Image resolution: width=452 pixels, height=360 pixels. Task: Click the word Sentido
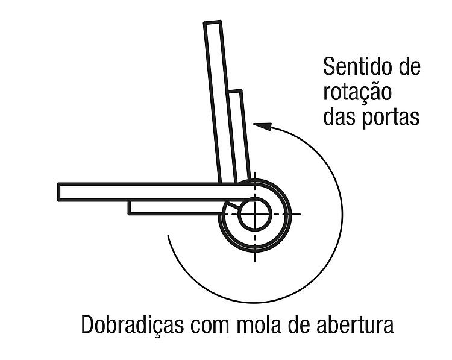tap(356, 67)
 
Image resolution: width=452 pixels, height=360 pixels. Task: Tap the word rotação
tap(357, 92)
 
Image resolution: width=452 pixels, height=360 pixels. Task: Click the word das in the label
tap(339, 116)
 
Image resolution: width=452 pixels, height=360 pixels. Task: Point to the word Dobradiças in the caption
tap(133, 325)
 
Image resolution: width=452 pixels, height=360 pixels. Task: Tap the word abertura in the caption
tap(355, 324)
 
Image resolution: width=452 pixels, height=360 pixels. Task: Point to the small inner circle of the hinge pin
tap(255, 215)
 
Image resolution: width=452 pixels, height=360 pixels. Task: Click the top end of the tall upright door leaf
tap(213, 22)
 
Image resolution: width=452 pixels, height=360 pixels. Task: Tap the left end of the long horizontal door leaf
tap(58, 192)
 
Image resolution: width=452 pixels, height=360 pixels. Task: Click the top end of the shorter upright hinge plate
tap(234, 91)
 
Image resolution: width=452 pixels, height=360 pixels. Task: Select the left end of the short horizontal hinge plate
tap(130, 208)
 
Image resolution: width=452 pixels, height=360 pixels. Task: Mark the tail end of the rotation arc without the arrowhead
tap(168, 236)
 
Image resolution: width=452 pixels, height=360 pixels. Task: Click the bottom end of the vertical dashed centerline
tap(255, 261)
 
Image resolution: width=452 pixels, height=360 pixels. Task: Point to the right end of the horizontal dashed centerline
tap(300, 214)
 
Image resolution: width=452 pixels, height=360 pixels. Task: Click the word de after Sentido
tap(409, 67)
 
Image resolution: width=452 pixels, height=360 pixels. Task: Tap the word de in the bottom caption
tap(299, 324)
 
